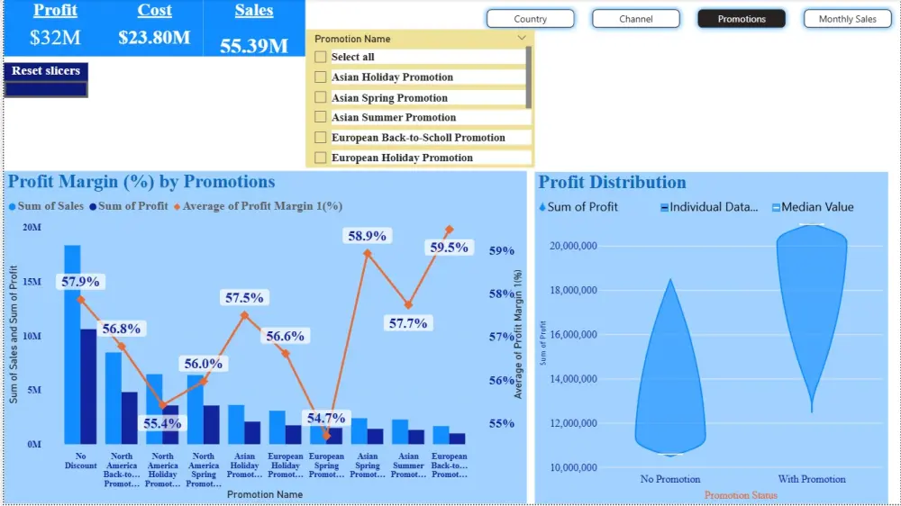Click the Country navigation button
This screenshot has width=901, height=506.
(530, 19)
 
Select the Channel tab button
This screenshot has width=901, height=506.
(636, 19)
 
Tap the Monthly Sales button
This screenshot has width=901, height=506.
(847, 19)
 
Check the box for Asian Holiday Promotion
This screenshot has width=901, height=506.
(321, 77)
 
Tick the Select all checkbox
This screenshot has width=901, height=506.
(321, 57)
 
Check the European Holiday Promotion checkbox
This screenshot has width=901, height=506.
(321, 158)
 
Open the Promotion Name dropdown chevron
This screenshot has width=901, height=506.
(522, 39)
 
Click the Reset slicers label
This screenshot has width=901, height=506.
(46, 71)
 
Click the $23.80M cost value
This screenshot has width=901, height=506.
(154, 38)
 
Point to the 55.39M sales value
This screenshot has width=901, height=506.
(254, 46)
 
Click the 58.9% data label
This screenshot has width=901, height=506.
(367, 236)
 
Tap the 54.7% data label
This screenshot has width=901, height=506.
(325, 418)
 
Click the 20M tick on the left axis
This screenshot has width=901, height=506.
(32, 228)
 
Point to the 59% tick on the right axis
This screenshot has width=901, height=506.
(501, 251)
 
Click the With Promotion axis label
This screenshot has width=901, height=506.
(811, 479)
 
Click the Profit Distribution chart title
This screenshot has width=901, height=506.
(612, 183)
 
